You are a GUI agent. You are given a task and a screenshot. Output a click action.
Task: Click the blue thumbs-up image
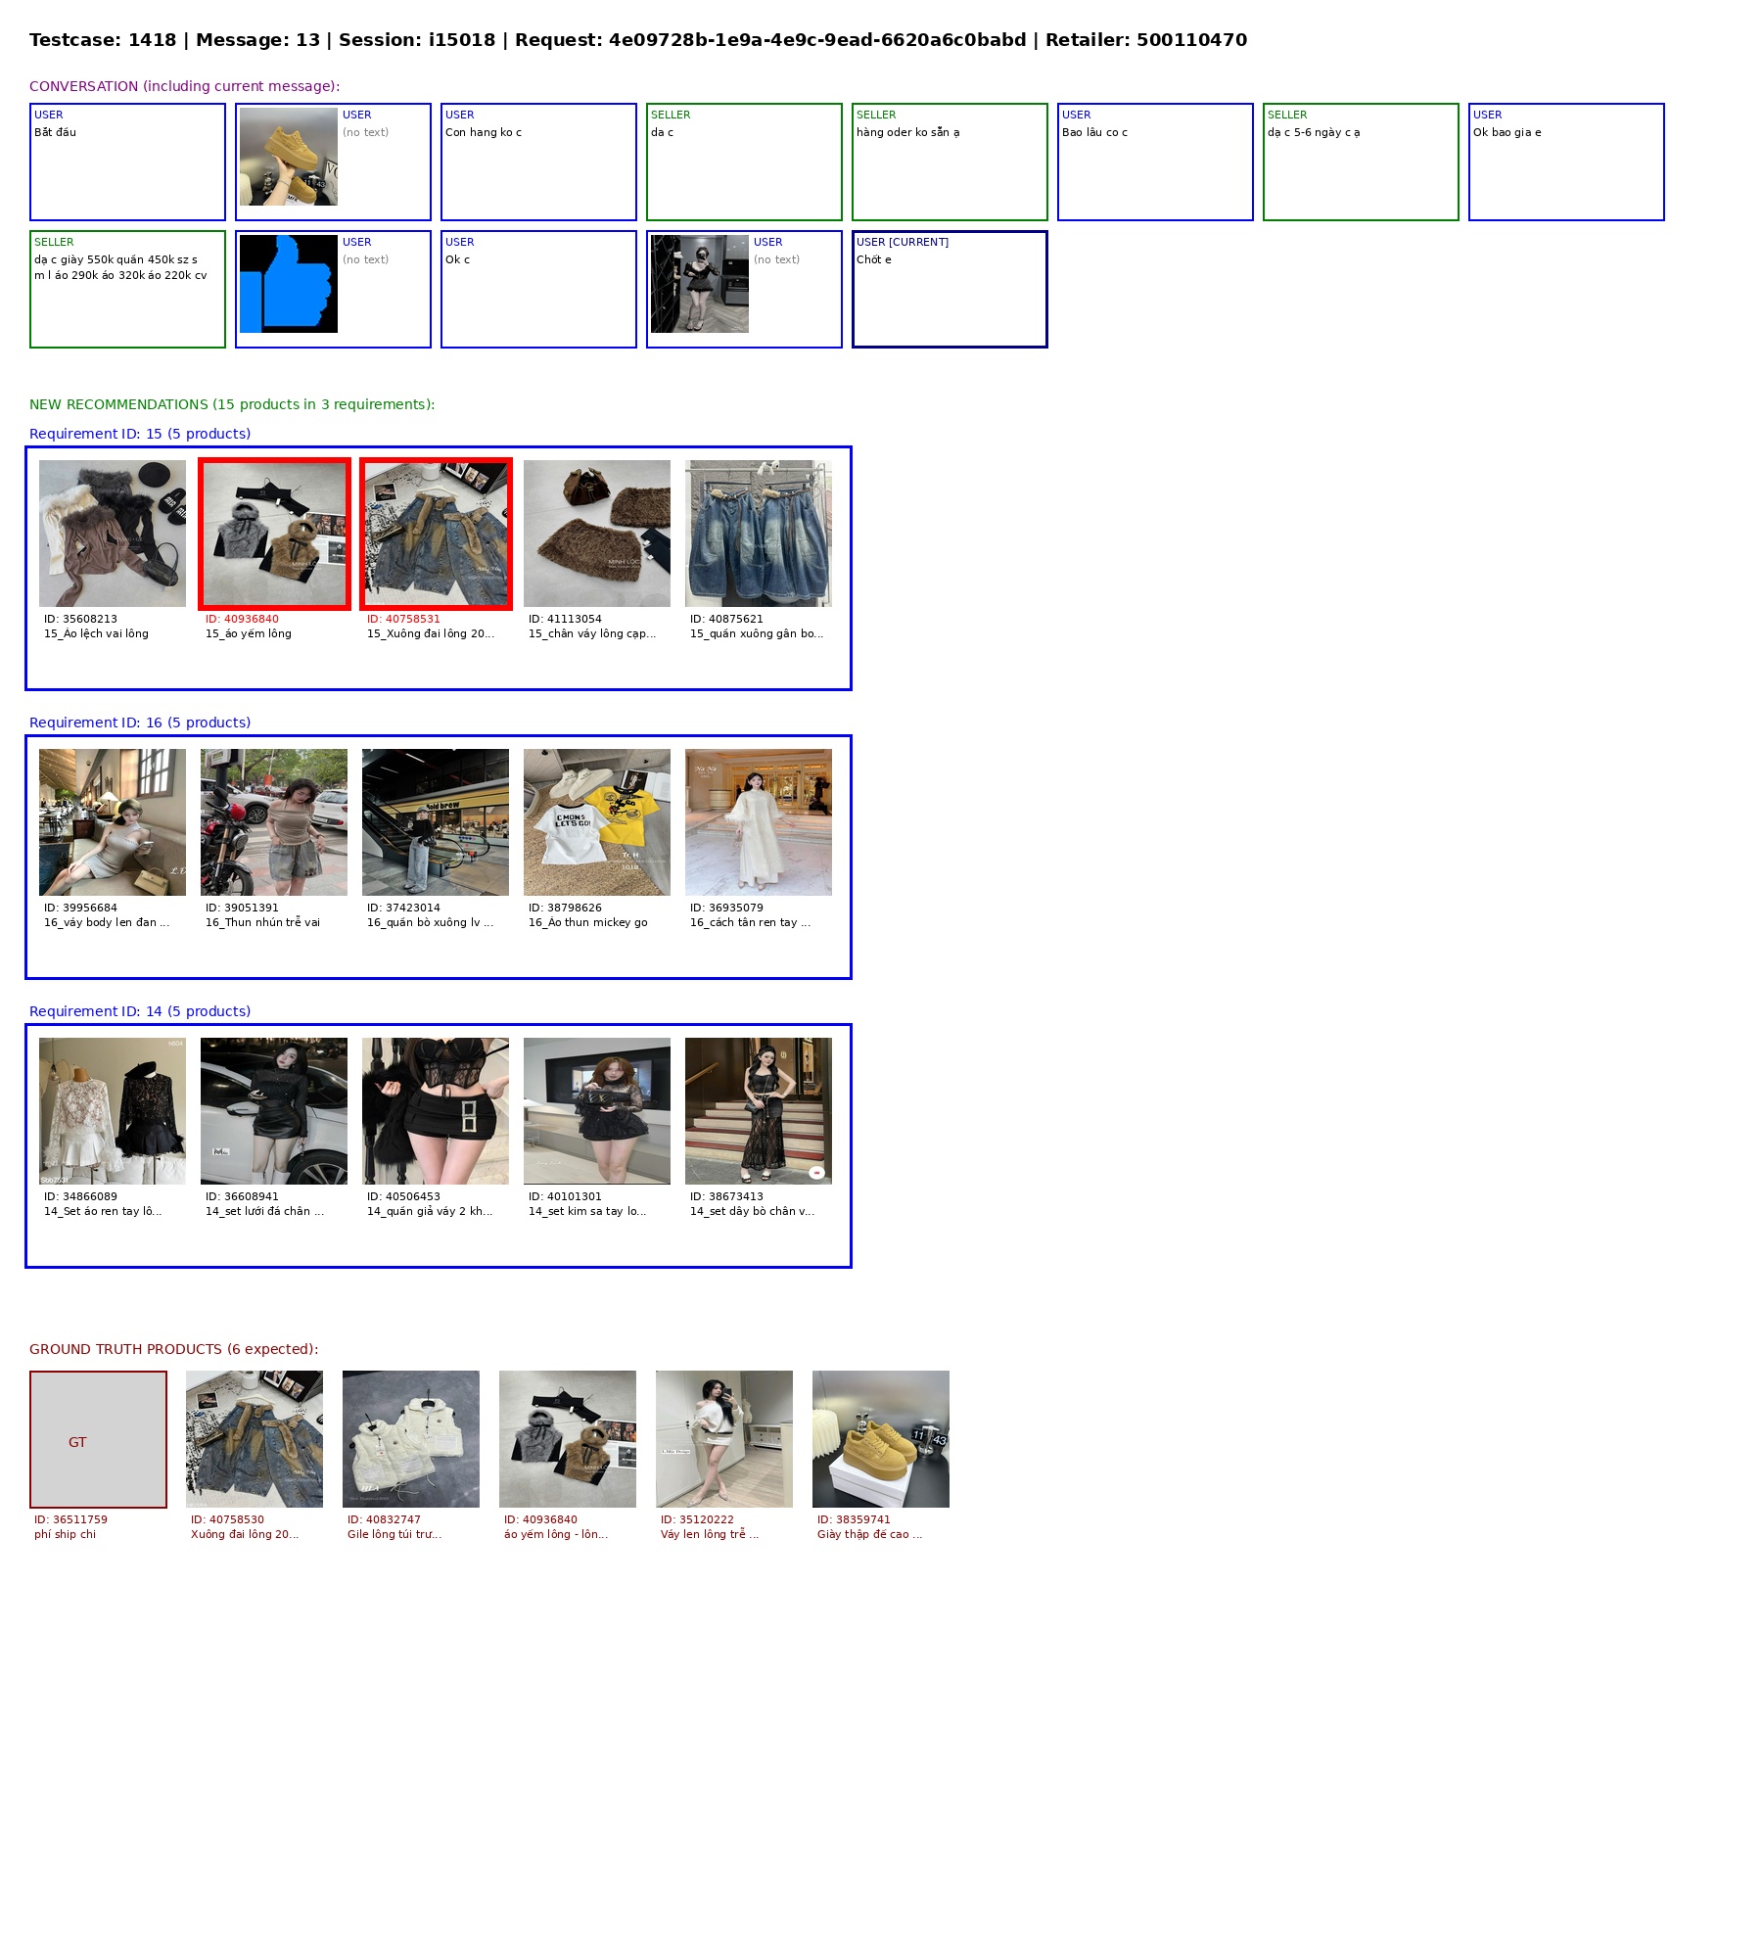tap(289, 284)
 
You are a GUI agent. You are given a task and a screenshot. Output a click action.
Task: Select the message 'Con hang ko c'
tap(484, 132)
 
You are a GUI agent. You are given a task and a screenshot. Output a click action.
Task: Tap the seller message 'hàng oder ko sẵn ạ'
tap(907, 132)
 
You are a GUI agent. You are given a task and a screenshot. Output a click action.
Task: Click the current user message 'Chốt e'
tap(873, 259)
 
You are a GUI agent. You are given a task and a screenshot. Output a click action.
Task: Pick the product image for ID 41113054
tap(597, 534)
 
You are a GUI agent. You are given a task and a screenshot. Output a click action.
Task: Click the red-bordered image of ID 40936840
tap(274, 534)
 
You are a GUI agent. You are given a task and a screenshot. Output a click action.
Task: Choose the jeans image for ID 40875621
tap(759, 534)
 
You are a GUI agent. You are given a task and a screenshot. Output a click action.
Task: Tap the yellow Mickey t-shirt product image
tap(597, 822)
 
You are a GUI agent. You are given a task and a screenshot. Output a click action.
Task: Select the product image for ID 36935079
tap(759, 822)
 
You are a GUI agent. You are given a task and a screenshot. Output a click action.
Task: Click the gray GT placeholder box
tap(98, 1439)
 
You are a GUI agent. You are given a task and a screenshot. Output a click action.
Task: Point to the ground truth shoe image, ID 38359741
tap(881, 1439)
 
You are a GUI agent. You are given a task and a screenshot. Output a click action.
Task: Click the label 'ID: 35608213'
tap(80, 619)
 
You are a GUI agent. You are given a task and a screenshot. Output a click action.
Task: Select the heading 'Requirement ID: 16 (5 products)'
tap(140, 723)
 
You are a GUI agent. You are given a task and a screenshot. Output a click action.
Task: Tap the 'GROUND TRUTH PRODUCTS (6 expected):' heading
tap(173, 1349)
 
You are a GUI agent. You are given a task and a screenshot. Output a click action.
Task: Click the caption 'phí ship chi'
tap(65, 1534)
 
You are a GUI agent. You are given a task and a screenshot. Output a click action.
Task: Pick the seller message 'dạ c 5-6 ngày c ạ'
tap(1314, 132)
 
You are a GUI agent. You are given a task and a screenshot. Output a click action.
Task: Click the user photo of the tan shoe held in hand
tap(289, 157)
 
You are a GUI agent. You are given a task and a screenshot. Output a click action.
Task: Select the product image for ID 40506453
tap(436, 1111)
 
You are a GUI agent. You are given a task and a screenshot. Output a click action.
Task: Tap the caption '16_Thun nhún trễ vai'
tap(262, 922)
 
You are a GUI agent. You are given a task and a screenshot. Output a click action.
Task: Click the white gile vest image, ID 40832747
tap(411, 1439)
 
